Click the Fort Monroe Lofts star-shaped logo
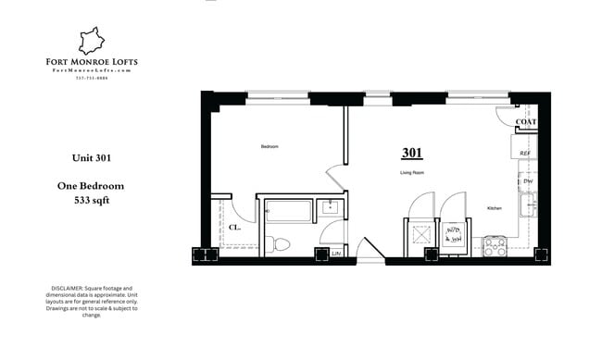(92, 40)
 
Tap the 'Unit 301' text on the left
(91, 157)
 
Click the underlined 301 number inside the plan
(412, 153)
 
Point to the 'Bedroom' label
(270, 147)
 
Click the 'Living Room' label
(412, 173)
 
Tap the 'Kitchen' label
(495, 208)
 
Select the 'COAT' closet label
(525, 122)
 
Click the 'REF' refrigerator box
(525, 153)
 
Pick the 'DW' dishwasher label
(528, 181)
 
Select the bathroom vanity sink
(331, 209)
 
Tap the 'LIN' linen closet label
(336, 253)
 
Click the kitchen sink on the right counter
(529, 206)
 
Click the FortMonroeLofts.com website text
(92, 70)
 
